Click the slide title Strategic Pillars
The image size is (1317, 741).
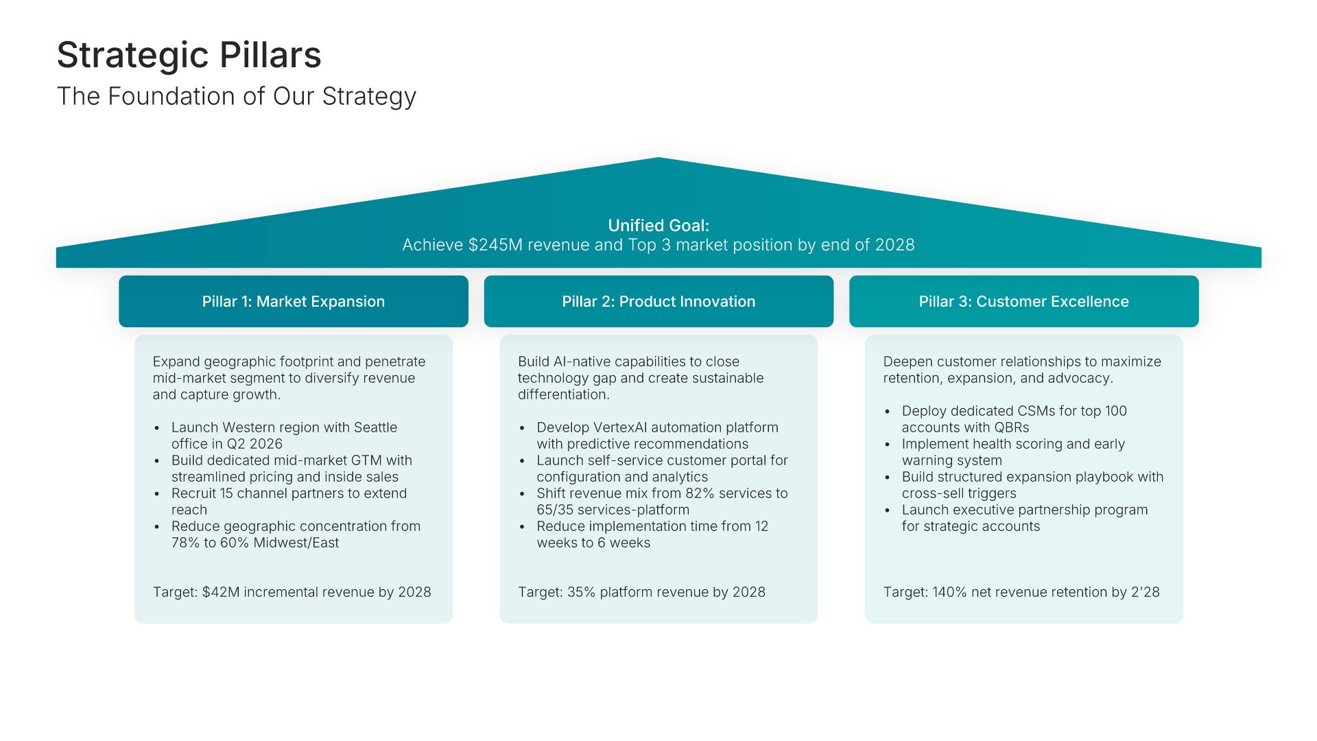coord(189,55)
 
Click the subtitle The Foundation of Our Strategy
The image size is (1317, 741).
coord(237,97)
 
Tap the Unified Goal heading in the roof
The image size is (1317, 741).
coord(658,225)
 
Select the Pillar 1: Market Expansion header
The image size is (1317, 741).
coord(294,301)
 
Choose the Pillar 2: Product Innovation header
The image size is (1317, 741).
coord(658,301)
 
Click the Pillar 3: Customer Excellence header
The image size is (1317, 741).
coord(1023,301)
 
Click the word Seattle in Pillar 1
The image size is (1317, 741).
coord(375,427)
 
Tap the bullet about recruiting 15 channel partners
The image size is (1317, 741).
coord(289,502)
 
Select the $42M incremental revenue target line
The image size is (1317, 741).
coord(292,592)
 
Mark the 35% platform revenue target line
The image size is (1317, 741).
coord(641,592)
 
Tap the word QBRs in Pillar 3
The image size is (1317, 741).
coord(1012,427)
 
